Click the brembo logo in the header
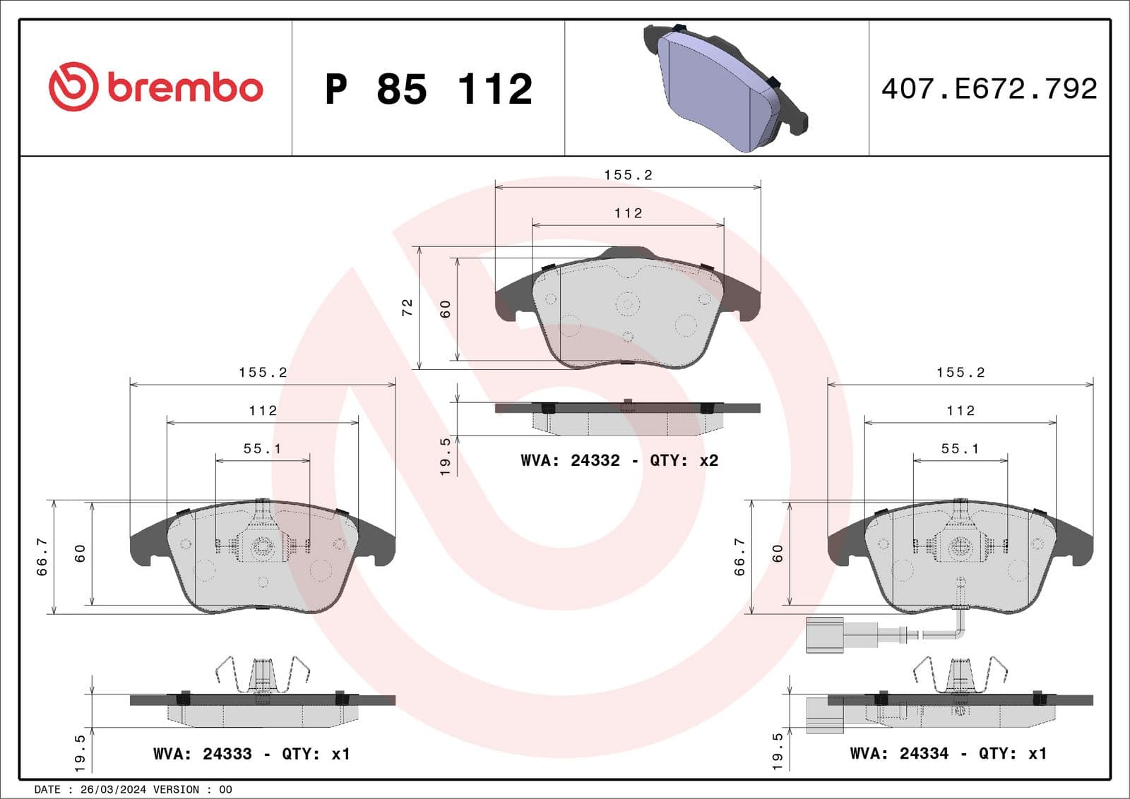155,87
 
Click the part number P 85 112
428,89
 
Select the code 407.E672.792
989,89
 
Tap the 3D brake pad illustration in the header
724,88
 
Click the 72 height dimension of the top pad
408,307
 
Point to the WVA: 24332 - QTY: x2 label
619,460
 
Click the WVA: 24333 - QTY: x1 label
251,754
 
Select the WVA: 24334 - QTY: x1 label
948,754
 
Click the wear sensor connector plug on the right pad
825,634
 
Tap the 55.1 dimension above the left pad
262,449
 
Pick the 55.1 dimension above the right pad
960,449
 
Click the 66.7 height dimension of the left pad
42,556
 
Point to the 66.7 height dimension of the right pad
740,556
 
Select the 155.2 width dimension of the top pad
628,175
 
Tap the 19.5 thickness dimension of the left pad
80,752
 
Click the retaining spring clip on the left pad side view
263,676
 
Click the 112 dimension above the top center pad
628,213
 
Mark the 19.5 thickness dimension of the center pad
445,456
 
